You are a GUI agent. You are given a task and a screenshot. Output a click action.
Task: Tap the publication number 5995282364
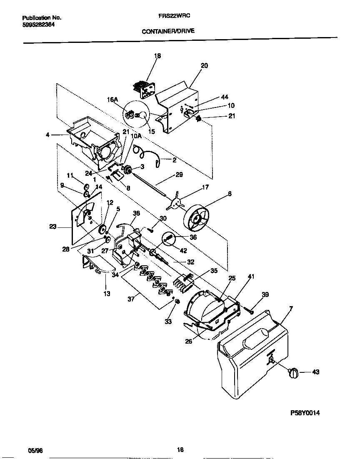[x=38, y=24]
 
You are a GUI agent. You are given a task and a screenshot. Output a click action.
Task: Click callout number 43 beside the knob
[x=315, y=372]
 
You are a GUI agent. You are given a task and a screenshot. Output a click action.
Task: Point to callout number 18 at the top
[x=157, y=56]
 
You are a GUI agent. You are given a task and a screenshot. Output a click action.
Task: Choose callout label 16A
[x=112, y=100]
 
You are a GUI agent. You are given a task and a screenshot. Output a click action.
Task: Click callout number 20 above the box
[x=204, y=66]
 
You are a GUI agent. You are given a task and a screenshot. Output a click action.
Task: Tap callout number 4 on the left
[x=47, y=135]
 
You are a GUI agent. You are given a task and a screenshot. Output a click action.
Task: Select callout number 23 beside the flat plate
[x=53, y=227]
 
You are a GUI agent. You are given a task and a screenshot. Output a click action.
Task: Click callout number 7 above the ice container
[x=290, y=309]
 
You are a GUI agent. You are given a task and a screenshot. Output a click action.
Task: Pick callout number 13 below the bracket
[x=107, y=294]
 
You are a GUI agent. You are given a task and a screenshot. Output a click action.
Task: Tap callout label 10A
[x=136, y=136]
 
